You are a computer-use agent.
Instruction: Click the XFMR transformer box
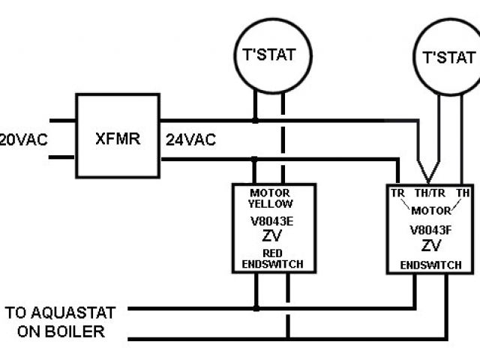[117, 136]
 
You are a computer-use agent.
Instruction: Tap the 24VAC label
[190, 139]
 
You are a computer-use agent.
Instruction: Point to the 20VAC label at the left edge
[14, 139]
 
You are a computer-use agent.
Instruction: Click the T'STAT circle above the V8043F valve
[448, 57]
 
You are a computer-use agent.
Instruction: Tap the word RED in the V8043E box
[273, 253]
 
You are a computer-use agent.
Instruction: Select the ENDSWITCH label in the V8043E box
[273, 264]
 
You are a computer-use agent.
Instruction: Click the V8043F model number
[430, 229]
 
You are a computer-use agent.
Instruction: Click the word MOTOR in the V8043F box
[430, 210]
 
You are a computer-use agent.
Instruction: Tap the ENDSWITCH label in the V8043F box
[430, 265]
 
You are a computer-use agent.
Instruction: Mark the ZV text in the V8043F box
[430, 246]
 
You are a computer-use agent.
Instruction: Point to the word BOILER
[76, 331]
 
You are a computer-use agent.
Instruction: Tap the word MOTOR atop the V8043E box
[271, 193]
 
